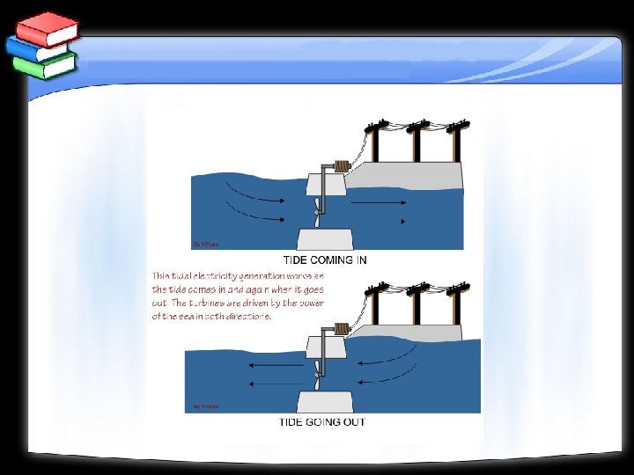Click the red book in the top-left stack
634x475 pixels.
(x=46, y=30)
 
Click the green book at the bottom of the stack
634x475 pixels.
(x=46, y=65)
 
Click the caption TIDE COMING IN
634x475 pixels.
(x=325, y=259)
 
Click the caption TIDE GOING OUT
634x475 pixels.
(x=322, y=421)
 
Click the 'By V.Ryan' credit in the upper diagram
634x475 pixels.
(x=204, y=244)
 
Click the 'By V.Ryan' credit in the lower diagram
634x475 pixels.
(x=206, y=406)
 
